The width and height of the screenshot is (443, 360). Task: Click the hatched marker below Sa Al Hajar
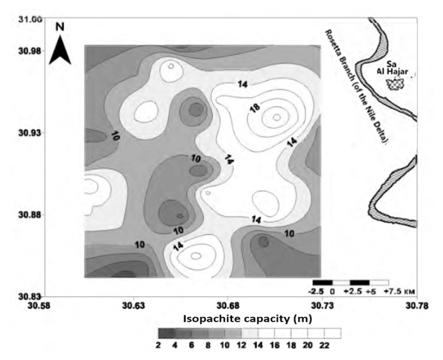393,83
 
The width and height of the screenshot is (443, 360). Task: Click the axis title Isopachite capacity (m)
247,319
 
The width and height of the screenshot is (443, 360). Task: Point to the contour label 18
255,109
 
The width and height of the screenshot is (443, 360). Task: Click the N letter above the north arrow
59,27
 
